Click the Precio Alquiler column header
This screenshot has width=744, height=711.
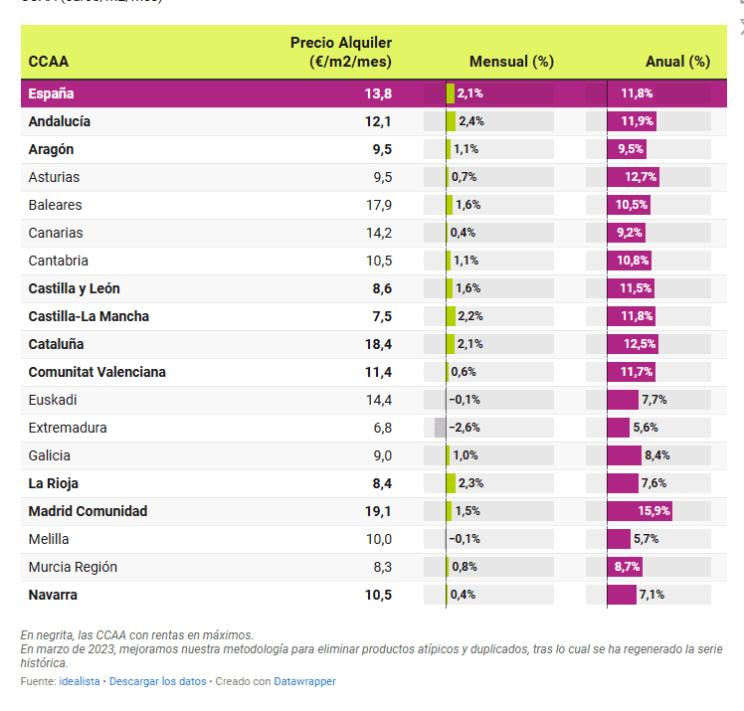pos(340,52)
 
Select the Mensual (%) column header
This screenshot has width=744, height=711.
pos(510,62)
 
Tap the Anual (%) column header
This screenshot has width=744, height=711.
pos(677,62)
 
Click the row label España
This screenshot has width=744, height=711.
pos(52,93)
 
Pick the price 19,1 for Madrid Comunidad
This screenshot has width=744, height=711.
pos(378,511)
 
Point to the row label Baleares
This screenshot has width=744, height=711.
pos(56,205)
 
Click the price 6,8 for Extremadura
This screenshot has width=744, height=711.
pos(380,428)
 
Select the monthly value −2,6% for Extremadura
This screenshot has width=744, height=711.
pos(465,428)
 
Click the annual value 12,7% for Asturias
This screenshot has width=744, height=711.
pos(641,177)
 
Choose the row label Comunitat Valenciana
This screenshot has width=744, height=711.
pos(97,372)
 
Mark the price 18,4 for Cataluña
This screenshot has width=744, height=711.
pos(378,344)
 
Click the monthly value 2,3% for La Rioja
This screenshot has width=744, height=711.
pos(469,483)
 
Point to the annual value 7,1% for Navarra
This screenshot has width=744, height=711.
pos(651,595)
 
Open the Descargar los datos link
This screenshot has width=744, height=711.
pos(157,681)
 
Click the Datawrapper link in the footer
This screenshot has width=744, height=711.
pos(305,681)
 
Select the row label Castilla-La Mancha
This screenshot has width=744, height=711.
pos(89,316)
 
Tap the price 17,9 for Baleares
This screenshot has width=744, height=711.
pos(379,205)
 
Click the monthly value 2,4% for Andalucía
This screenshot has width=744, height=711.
pos(470,121)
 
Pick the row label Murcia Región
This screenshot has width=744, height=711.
pos(73,567)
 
